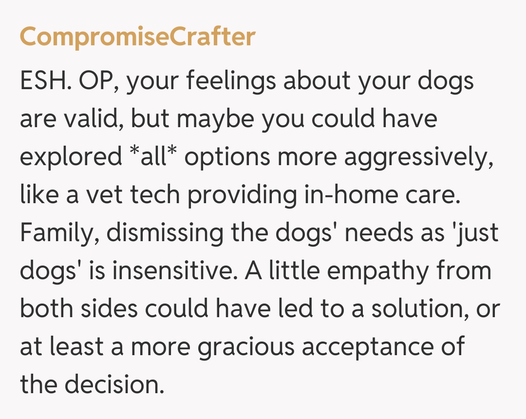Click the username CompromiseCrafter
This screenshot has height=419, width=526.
tap(138, 37)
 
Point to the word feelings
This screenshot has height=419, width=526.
tap(231, 81)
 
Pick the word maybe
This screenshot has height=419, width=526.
tap(215, 119)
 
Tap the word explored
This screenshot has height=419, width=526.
tap(71, 157)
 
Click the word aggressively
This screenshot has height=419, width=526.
tap(419, 157)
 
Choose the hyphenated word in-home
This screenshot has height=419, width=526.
tap(351, 194)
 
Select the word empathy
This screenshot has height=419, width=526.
tap(378, 271)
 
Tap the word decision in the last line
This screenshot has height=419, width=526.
tap(114, 384)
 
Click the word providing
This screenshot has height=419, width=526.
tap(242, 195)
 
